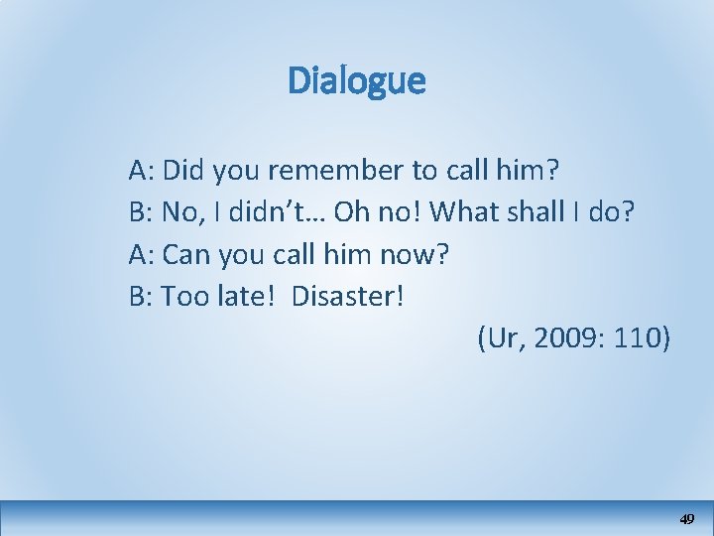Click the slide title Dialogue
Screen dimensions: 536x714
[x=356, y=81]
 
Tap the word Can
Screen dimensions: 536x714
[x=183, y=255]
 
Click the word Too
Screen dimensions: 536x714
[x=182, y=297]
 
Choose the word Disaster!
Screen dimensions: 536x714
[x=348, y=297]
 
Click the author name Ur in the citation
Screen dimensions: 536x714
[x=501, y=339]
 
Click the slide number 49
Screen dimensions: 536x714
[x=687, y=519]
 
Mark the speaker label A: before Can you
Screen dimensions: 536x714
[x=141, y=255]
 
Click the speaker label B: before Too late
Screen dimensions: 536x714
[x=141, y=297]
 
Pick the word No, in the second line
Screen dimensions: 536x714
[x=181, y=212]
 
